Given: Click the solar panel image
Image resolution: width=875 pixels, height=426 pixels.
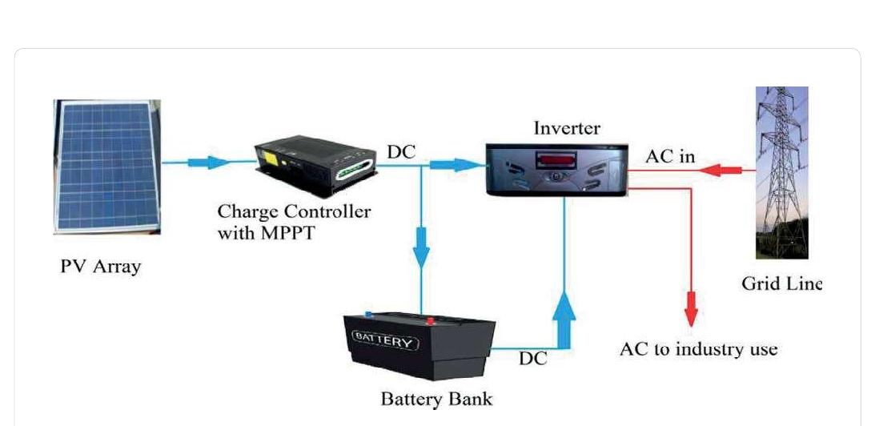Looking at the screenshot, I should tap(106, 167).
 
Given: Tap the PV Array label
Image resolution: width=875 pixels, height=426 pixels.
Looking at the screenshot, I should tap(100, 267).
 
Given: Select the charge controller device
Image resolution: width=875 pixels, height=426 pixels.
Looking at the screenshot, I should tap(315, 167).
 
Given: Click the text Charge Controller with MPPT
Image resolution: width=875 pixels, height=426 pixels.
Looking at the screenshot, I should tap(294, 221).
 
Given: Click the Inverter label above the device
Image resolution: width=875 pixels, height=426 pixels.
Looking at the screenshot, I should tap(566, 128).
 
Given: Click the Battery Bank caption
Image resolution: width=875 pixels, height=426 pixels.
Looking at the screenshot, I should tap(436, 398).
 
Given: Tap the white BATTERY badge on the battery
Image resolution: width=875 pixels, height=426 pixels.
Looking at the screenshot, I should tap(386, 342).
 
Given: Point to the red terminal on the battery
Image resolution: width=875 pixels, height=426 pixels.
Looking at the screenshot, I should tap(429, 321).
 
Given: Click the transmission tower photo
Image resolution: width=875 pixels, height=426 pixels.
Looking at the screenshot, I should tap(781, 172).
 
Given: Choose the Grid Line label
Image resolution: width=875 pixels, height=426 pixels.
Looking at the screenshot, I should tap(781, 283).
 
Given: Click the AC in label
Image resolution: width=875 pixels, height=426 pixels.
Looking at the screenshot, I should tap(670, 156).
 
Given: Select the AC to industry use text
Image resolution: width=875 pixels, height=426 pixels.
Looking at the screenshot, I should tap(698, 350).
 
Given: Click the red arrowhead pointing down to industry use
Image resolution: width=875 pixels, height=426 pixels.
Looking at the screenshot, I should tap(690, 311).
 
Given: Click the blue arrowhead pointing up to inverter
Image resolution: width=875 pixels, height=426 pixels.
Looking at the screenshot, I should tap(566, 308).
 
